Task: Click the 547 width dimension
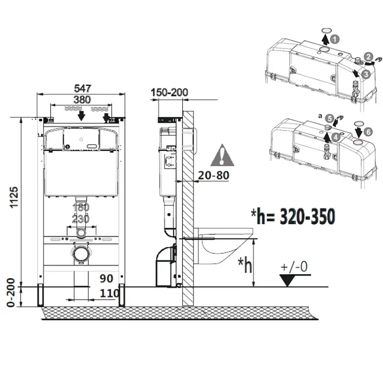82,88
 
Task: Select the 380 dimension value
82,100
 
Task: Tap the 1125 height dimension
14,197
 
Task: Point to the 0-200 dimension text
11,293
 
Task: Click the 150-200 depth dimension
169,92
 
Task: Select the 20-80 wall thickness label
214,175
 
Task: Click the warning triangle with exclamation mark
222,155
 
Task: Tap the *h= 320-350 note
293,216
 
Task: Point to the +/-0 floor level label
294,267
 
